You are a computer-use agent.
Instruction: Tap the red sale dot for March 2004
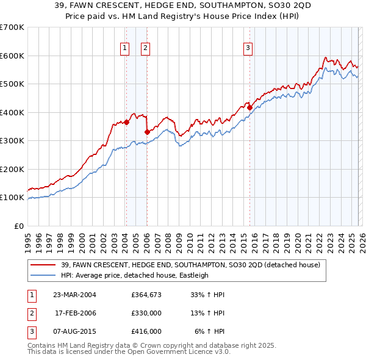(126, 122)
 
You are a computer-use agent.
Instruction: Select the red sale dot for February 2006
(147, 132)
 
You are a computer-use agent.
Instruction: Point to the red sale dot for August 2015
(249, 107)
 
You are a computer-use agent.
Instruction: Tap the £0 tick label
(18, 226)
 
